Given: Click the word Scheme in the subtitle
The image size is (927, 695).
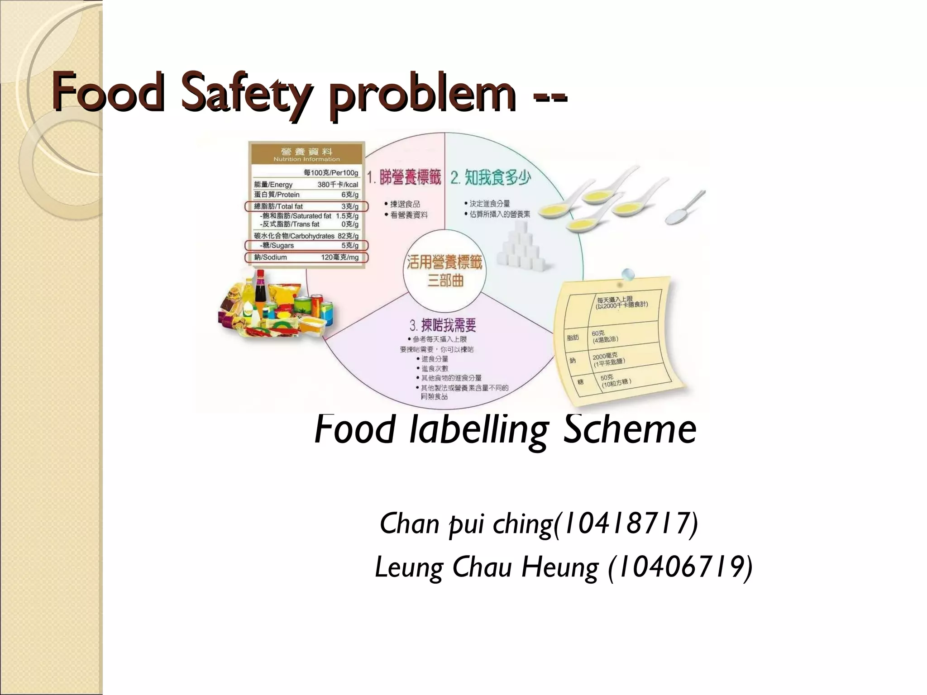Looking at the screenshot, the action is click(630, 429).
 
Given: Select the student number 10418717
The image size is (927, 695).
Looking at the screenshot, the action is click(624, 524).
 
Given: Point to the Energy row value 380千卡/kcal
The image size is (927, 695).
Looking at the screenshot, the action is click(338, 185).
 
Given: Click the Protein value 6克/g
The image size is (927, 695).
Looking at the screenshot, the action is click(350, 195).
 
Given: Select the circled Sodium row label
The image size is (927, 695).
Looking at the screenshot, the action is click(271, 257).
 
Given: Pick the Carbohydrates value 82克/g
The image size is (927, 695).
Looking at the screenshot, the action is click(348, 236).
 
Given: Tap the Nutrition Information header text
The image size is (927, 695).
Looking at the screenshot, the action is click(306, 159).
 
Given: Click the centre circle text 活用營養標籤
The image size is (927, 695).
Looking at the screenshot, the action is click(444, 262).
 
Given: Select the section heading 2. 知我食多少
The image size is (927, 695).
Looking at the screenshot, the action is click(490, 177).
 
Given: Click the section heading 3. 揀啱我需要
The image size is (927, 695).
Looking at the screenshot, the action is click(443, 325).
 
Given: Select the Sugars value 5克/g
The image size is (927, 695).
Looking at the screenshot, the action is click(350, 246).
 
